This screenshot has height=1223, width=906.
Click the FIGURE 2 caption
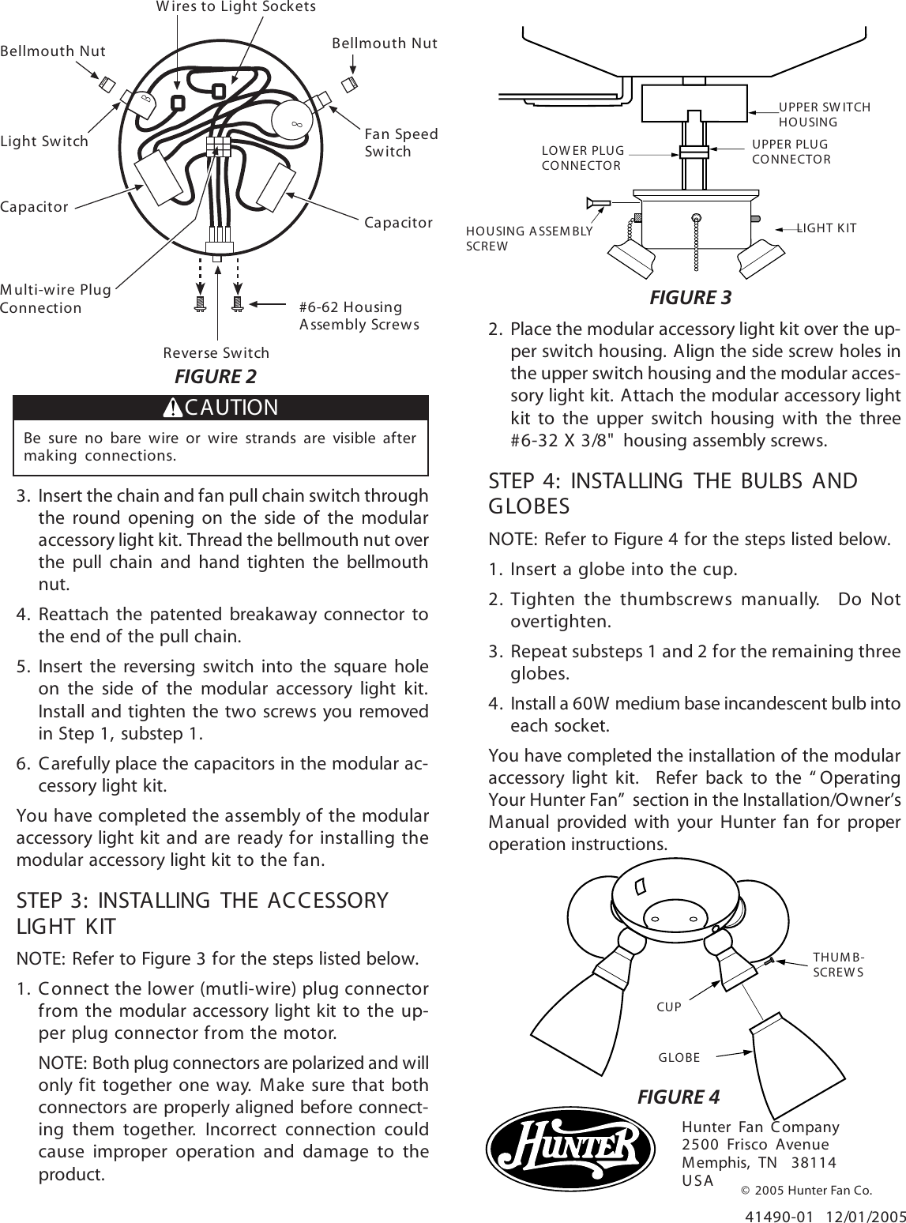coord(215,375)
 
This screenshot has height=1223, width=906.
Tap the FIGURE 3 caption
coord(690,298)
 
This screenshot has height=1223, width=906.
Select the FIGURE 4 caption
coord(678,1097)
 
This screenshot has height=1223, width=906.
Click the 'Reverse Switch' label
coord(216,352)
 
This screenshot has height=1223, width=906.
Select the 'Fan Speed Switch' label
coord(400,143)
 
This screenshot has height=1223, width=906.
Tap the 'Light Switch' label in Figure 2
coord(44,141)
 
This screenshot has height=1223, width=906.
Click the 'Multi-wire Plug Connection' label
coord(55,298)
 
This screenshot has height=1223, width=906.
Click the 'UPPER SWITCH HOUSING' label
coord(824,115)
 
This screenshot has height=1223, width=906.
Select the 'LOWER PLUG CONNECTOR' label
coord(582,158)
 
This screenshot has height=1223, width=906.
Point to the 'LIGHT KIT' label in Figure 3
coord(826,228)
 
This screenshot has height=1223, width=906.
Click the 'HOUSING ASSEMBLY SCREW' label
coord(528,238)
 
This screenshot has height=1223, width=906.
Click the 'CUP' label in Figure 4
coord(668,1007)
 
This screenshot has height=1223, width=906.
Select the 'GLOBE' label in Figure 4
coord(679,1057)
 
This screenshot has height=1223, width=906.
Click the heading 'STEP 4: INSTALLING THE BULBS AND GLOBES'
coord(673,492)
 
